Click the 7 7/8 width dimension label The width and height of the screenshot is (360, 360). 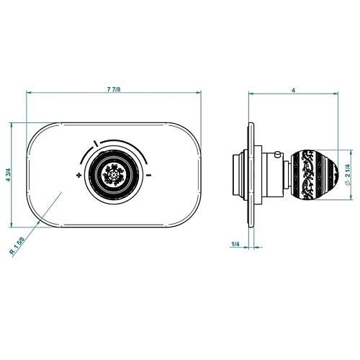coord(114,89)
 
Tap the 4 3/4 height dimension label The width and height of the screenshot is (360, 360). coord(9,176)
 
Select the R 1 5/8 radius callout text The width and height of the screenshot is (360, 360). coord(17,246)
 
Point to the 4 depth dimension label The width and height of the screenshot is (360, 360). coord(293,90)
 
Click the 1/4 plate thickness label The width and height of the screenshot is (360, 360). coord(235,244)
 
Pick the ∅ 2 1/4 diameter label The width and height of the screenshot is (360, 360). coord(348,174)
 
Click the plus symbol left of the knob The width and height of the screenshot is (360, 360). coord(78,175)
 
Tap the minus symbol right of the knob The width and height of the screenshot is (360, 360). coord(149,175)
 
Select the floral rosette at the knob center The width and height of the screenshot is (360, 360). coord(113,174)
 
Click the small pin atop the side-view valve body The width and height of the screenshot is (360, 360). coord(278,154)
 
